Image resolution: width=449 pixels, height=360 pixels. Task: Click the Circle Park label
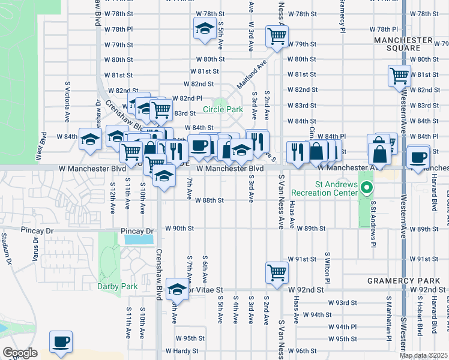[223, 109]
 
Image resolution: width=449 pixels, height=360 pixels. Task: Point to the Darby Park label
[117, 286]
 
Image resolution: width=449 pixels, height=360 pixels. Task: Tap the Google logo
[20, 353]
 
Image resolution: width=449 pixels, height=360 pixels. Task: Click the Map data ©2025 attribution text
[423, 355]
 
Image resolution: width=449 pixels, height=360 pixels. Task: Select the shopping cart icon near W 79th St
[277, 35]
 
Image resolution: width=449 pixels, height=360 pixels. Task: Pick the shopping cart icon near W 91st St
[277, 272]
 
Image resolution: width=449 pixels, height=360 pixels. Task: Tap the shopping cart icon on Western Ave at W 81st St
[399, 76]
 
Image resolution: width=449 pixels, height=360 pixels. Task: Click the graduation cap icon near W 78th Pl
[204, 28]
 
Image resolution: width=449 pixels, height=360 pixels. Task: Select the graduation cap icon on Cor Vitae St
[177, 290]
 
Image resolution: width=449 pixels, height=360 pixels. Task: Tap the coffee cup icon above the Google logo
[61, 341]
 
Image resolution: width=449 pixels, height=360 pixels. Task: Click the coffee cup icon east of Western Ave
[418, 157]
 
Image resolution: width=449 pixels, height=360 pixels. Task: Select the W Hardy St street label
[181, 350]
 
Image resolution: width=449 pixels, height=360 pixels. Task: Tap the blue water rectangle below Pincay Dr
[139, 239]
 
